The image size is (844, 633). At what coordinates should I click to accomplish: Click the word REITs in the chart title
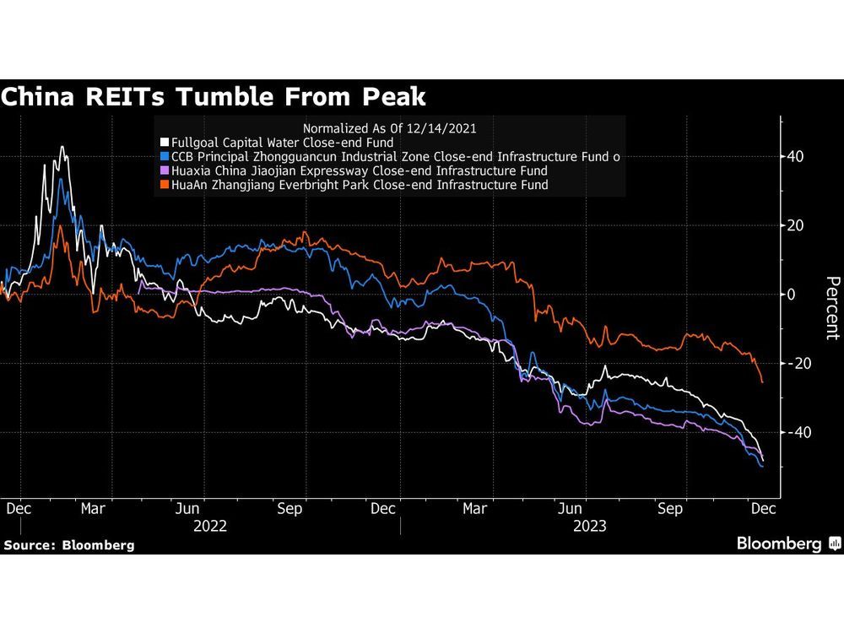pos(138,97)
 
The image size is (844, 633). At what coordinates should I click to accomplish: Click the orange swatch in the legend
pos(164,184)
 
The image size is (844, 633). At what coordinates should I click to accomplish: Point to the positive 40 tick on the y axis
pos(796,157)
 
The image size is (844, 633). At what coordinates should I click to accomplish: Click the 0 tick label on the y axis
pos(792,295)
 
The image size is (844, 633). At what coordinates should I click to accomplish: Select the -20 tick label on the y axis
pos(793,363)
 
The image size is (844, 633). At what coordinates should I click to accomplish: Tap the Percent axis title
pos(832,307)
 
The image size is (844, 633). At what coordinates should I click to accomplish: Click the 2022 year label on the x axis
pos(210,525)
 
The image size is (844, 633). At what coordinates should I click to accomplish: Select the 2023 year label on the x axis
pos(588,525)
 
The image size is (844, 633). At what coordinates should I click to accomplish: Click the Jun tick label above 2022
pos(187,509)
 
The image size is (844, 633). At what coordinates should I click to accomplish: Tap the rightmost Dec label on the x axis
pos(764,509)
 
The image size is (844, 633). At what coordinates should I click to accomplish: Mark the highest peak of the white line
pos(62,147)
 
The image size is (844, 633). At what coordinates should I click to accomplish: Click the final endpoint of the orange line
pos(762,382)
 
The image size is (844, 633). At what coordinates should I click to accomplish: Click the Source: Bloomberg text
pos(68,545)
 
